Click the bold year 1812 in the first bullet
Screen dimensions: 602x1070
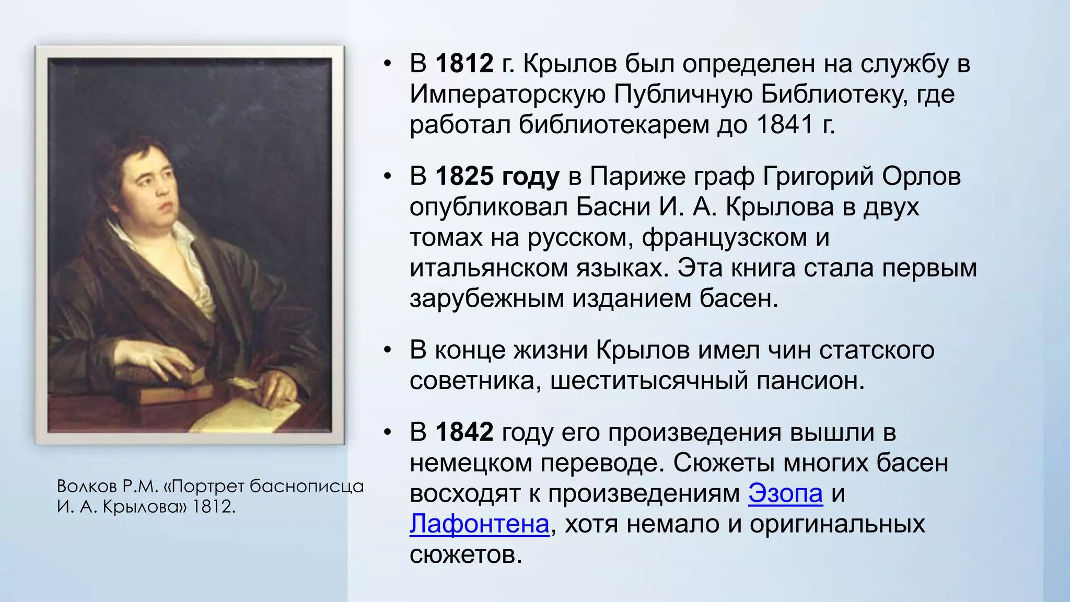click(x=464, y=64)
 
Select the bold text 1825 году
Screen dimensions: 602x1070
click(x=497, y=177)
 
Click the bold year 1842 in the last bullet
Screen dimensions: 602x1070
click(x=464, y=433)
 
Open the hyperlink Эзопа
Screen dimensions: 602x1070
click(x=785, y=493)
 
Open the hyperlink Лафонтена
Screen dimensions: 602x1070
click(x=479, y=524)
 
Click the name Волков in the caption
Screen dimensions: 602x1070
click(x=87, y=487)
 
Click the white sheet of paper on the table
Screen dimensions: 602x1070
click(x=246, y=413)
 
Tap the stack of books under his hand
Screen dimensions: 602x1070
click(x=172, y=387)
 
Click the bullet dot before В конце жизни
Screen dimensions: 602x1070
click(x=387, y=350)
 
